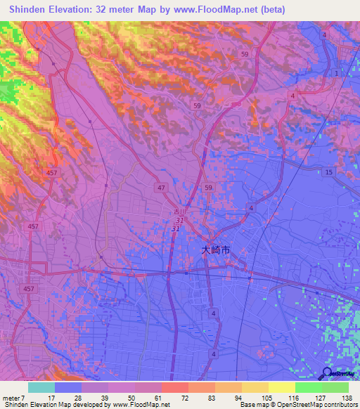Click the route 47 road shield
(161, 188)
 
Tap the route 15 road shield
(329, 172)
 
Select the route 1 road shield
(336, 74)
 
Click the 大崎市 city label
(216, 249)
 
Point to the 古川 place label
(181, 211)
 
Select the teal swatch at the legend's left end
(41, 387)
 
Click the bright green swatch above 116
(308, 387)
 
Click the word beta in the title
(271, 10)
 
